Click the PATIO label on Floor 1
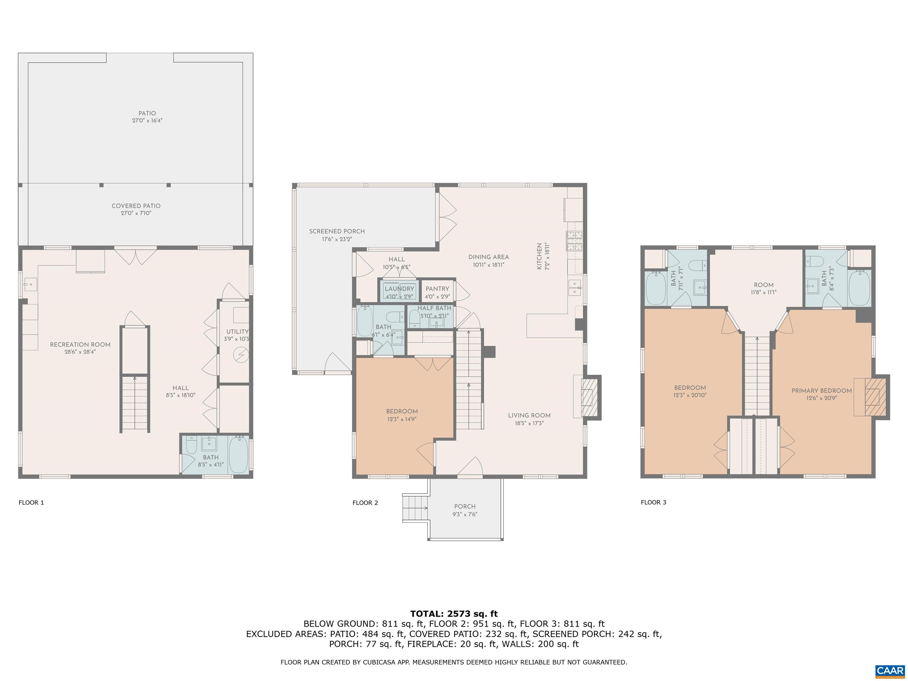[147, 113]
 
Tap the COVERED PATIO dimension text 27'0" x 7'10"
[136, 213]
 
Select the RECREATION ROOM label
[80, 344]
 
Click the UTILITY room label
[237, 332]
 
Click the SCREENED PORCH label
[337, 231]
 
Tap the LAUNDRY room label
[399, 288]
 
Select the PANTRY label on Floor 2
[437, 288]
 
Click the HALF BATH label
[434, 308]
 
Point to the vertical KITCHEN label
[539, 257]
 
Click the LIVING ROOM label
[529, 415]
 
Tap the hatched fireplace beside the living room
[589, 397]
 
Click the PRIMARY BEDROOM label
[821, 391]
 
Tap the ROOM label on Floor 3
[763, 285]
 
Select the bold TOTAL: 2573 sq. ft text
[454, 614]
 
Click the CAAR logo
[890, 671]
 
